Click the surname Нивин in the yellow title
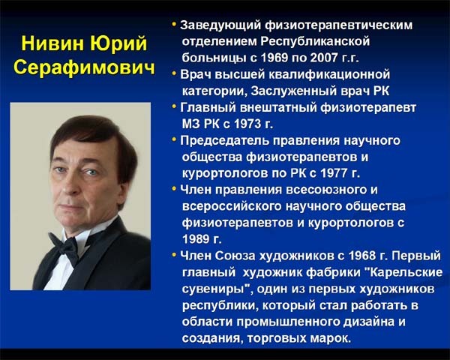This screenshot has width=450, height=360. point(53,43)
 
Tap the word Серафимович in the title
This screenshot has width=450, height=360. point(84,67)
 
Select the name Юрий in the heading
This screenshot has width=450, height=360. point(118,44)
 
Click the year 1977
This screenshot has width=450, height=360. point(334,173)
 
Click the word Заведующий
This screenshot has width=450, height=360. point(220,25)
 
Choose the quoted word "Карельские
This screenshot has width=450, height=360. point(405,271)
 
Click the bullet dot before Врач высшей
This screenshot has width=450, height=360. point(174,73)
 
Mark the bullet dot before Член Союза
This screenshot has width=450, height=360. point(174,254)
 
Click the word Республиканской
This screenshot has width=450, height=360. point(315,42)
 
